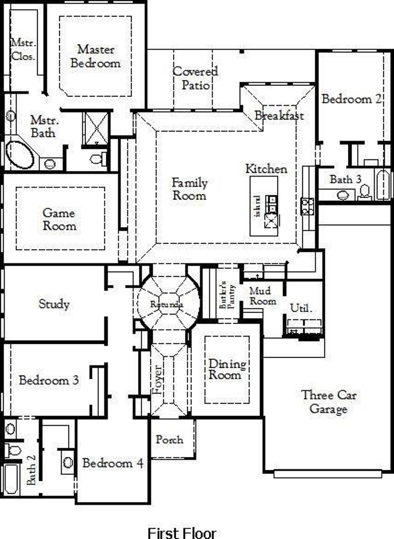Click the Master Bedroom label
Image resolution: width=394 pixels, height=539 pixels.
tap(95, 56)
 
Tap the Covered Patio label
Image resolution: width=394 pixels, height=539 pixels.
tap(195, 78)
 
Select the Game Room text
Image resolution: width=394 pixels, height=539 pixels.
tap(59, 219)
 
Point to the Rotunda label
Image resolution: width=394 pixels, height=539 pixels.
tap(167, 304)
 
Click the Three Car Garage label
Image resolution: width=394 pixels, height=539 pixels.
tap(329, 402)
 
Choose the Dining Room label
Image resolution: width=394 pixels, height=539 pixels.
tap(227, 369)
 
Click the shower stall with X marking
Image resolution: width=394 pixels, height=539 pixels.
tap(96, 128)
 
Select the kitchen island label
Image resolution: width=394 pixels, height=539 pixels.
tap(258, 206)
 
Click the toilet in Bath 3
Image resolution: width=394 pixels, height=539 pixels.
tap(364, 191)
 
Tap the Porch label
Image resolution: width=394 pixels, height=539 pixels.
tap(169, 439)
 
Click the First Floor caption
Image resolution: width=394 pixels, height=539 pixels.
tap(182, 532)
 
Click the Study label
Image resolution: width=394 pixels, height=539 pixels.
tap(54, 304)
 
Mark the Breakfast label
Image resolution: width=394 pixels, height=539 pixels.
tap(279, 116)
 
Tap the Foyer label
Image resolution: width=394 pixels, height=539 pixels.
tap(157, 379)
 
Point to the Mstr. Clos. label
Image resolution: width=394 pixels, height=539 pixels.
tap(23, 50)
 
